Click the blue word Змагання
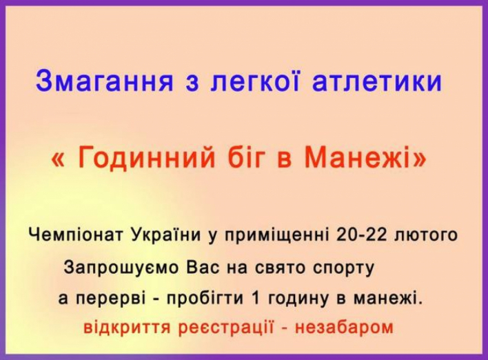coord(104,81)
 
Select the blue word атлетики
coord(377,81)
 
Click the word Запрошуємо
coord(121,268)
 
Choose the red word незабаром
coord(345,328)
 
